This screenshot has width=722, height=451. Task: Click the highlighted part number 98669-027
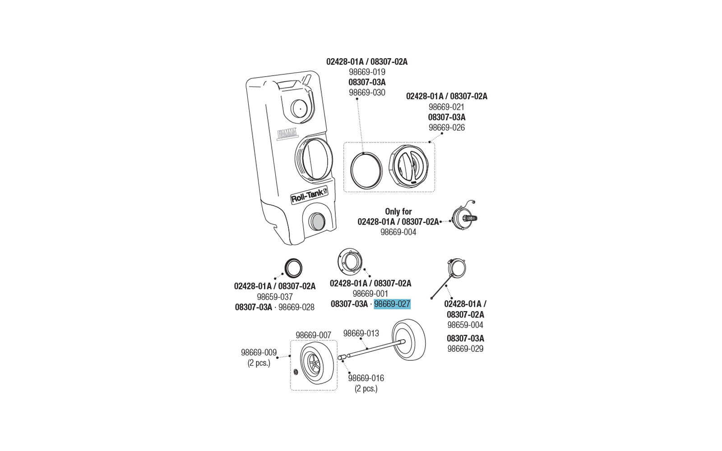392,304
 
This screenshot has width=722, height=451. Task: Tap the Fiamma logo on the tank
287,133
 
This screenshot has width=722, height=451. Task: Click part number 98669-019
367,72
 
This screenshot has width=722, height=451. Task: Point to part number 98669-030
367,92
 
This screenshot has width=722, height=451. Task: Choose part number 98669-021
446,107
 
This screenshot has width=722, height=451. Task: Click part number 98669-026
446,127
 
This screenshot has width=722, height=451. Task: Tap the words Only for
398,211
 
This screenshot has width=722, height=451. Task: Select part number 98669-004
398,232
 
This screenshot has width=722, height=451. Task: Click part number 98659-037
274,297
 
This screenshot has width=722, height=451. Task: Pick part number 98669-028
296,307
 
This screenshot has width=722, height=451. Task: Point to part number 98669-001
370,294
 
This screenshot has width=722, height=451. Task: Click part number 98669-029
465,349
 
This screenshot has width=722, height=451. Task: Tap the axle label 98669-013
361,333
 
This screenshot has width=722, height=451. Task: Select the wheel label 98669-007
313,335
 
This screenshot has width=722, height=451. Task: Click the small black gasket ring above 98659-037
293,268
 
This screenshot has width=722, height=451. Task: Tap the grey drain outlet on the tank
318,222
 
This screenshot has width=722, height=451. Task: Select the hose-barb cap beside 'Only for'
464,218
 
